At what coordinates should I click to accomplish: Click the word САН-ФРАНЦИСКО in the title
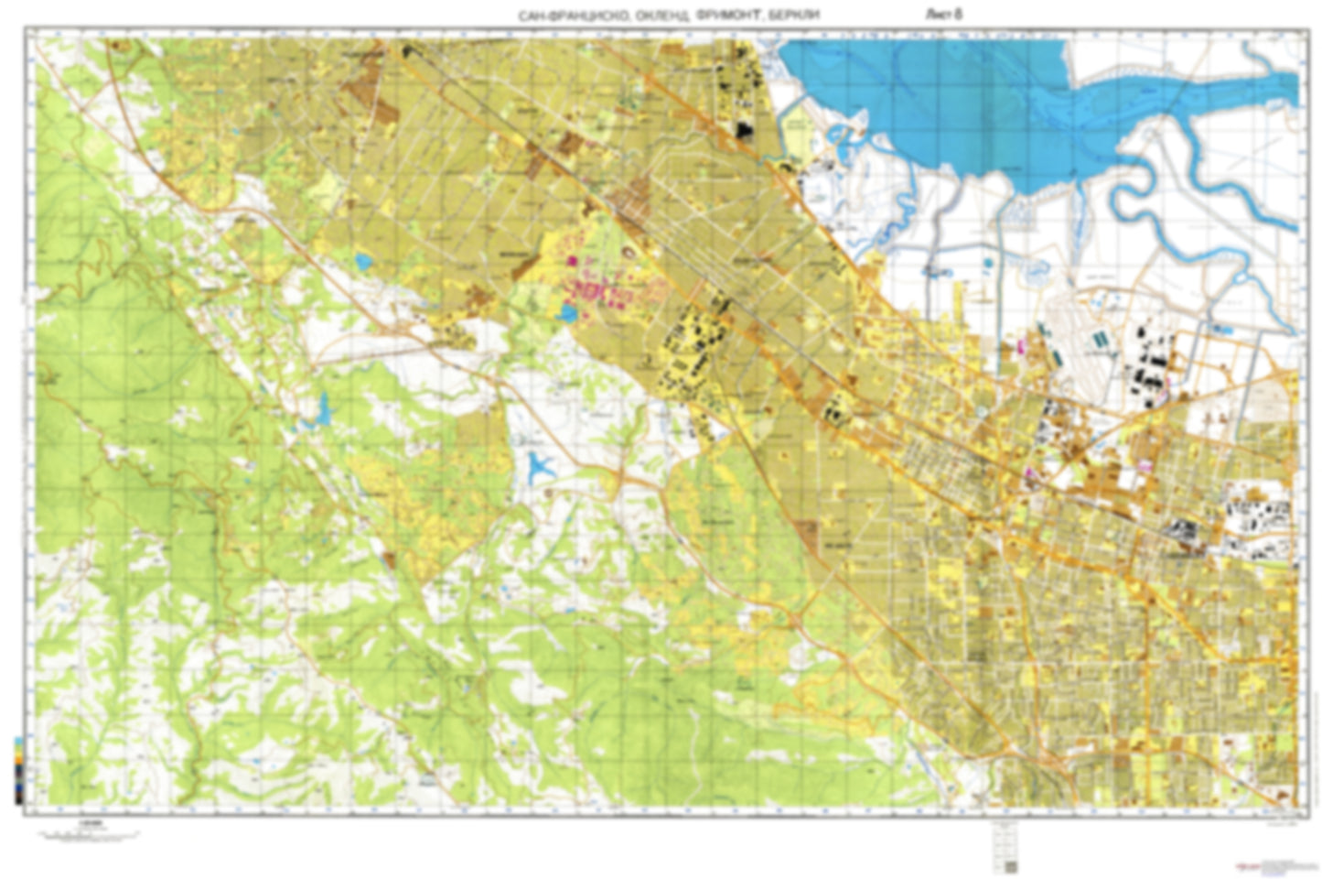[568, 16]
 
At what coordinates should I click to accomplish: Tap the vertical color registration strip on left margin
[19, 769]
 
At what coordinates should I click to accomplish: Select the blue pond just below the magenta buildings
[566, 315]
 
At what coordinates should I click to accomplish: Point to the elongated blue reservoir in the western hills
[322, 412]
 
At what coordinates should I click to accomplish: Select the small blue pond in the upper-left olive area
[365, 264]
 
